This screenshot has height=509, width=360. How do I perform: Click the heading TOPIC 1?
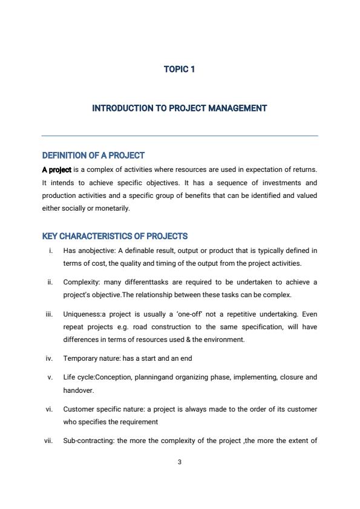(179, 69)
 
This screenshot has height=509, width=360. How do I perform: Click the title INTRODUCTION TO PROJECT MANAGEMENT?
(179, 108)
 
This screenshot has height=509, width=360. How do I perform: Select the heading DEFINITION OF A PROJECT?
(93, 156)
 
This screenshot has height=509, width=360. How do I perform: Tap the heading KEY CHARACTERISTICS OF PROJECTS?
(115, 236)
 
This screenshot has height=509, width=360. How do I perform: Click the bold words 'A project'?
(56, 169)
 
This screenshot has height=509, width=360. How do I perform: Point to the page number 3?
(180, 462)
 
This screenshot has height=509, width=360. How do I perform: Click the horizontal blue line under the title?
(179, 136)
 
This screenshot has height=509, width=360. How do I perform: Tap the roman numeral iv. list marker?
(49, 358)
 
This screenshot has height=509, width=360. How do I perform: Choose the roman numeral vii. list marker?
(48, 441)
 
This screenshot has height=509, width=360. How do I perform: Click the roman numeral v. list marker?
(50, 377)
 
